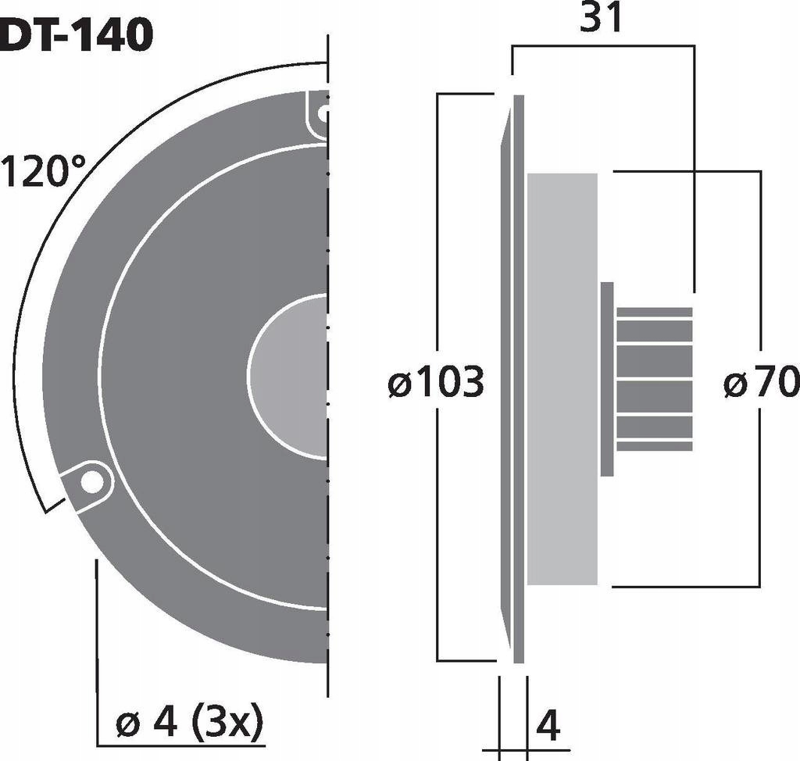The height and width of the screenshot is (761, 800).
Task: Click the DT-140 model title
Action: click(x=75, y=35)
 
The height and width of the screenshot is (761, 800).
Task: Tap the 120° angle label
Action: click(x=45, y=171)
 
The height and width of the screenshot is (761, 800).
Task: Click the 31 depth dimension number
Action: click(x=602, y=20)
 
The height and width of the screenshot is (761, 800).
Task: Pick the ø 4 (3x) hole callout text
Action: click(x=189, y=724)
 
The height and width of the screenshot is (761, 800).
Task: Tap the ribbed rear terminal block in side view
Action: click(x=654, y=379)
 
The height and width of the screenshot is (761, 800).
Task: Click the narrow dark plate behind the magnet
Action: click(x=607, y=379)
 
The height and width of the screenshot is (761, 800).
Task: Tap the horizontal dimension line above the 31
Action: click(x=602, y=46)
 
